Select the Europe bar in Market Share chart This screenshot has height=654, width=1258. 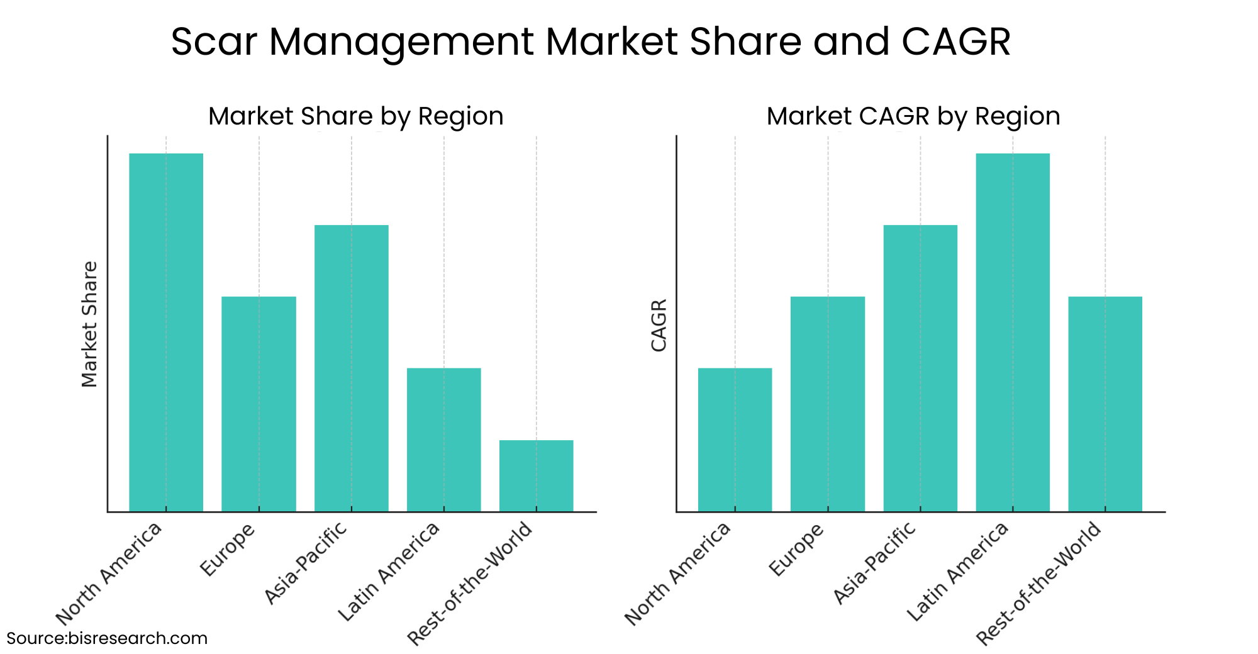pyautogui.click(x=259, y=404)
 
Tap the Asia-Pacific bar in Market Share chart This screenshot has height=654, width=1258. pyautogui.click(x=351, y=368)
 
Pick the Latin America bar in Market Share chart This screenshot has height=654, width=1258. pyautogui.click(x=443, y=440)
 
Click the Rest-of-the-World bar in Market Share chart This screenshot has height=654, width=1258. pyautogui.click(x=536, y=475)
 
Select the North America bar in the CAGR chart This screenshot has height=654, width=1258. pyautogui.click(x=735, y=440)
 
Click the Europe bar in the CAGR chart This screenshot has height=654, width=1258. pyautogui.click(x=827, y=404)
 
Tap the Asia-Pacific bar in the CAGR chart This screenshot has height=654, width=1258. pyautogui.click(x=920, y=368)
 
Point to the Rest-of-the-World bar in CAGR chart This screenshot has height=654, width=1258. pyautogui.click(x=1105, y=404)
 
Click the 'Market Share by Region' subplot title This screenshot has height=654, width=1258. pyautogui.click(x=355, y=116)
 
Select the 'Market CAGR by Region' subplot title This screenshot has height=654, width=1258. pyautogui.click(x=913, y=116)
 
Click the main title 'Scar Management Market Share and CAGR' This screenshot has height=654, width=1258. pyautogui.click(x=591, y=42)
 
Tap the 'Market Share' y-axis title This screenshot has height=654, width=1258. pyautogui.click(x=90, y=324)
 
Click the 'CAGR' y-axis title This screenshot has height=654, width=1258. pyautogui.click(x=659, y=325)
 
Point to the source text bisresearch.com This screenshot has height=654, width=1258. pyautogui.click(x=107, y=638)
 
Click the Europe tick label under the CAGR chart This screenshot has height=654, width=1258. pyautogui.click(x=797, y=549)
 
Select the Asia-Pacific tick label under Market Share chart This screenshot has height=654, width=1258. pyautogui.click(x=306, y=563)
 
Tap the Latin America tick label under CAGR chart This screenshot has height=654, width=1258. pyautogui.click(x=957, y=572)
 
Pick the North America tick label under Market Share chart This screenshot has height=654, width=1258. pyautogui.click(x=109, y=573)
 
